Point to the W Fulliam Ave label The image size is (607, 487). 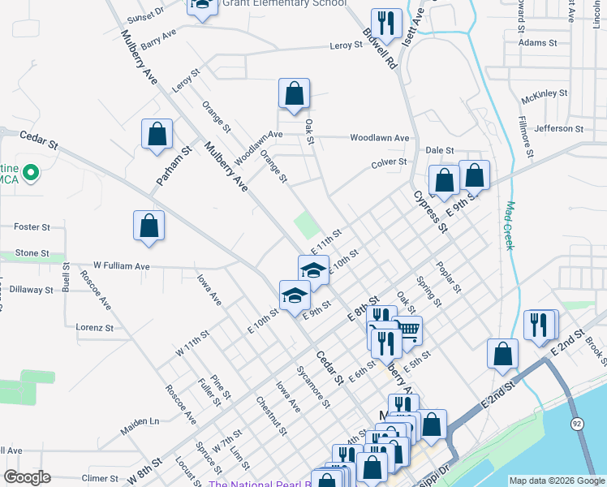click(122, 265)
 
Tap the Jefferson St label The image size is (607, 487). click(559, 128)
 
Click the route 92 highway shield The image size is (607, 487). click(576, 424)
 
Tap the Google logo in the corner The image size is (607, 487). click(27, 477)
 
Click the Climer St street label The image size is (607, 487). click(101, 479)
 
